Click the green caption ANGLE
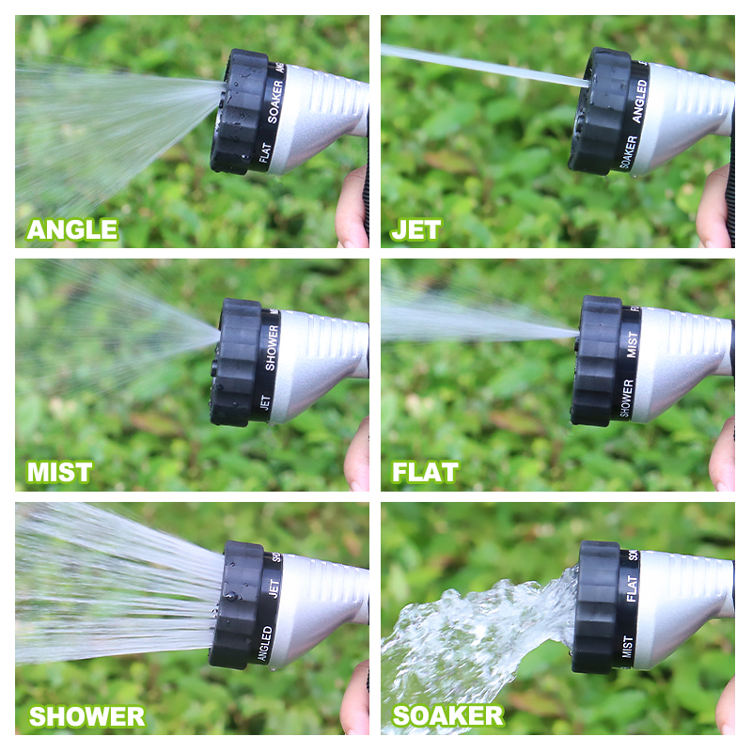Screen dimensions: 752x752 click(72, 229)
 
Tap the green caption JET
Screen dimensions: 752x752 click(415, 229)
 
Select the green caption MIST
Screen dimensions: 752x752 click(59, 472)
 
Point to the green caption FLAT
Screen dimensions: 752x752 click(425, 472)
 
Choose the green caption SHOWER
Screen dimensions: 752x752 click(86, 716)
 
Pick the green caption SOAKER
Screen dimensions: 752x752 click(448, 716)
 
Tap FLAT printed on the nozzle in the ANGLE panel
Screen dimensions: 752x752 click(266, 153)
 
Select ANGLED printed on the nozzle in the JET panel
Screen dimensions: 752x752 click(640, 102)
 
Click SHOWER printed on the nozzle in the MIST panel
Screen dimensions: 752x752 click(271, 347)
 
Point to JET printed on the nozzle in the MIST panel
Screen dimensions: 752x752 click(265, 402)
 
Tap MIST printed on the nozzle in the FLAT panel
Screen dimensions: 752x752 click(632, 344)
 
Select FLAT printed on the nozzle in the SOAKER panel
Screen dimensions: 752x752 click(632, 587)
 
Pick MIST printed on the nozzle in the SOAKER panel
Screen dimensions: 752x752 click(627, 647)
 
